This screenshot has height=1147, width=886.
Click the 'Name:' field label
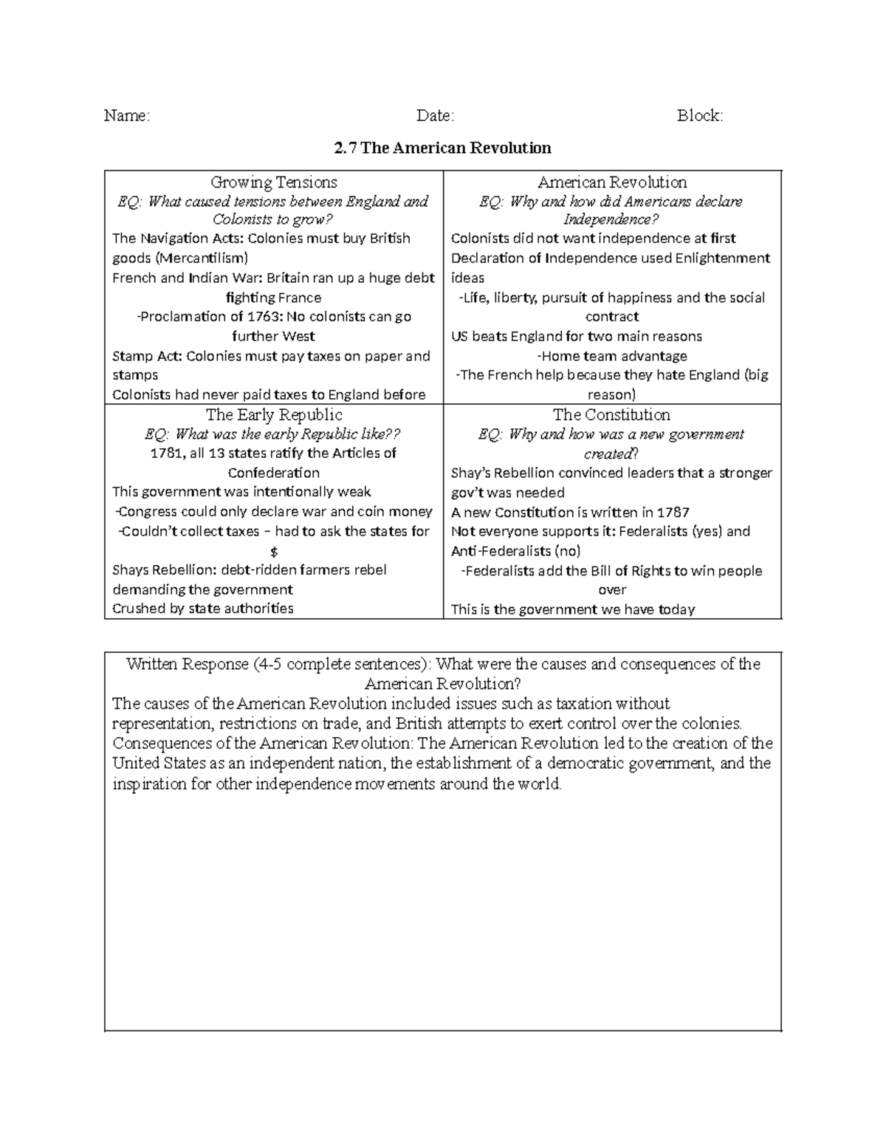point(126,115)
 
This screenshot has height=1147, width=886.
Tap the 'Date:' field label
point(435,115)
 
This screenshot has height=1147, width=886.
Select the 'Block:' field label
point(700,115)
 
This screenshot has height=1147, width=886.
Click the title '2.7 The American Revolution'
point(442,148)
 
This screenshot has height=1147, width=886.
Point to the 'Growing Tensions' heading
point(274,182)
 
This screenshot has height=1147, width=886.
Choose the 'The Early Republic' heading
point(274,414)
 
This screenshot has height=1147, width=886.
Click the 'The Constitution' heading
point(611,414)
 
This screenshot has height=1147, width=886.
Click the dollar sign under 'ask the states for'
point(274,551)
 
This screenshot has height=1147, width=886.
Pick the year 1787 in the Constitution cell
point(673,512)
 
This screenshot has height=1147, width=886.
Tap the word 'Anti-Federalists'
point(501,551)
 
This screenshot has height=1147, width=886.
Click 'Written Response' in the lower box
point(187,664)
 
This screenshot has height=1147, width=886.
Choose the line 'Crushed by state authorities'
point(203,609)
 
